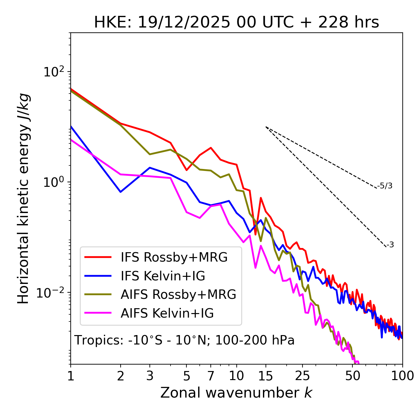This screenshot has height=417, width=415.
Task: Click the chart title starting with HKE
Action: [236, 23]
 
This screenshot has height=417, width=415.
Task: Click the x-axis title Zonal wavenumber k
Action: [236, 392]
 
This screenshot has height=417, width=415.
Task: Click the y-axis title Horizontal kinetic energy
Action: [23, 198]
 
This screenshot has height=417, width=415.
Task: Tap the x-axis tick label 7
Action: [211, 376]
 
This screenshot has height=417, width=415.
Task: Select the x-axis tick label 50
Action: [352, 376]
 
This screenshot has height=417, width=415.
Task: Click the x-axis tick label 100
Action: [402, 376]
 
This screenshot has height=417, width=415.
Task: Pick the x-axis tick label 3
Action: [149, 376]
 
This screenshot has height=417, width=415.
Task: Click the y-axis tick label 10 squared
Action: [53, 72]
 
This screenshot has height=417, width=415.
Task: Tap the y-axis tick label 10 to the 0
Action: [53, 182]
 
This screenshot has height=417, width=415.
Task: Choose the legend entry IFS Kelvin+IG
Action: [163, 276]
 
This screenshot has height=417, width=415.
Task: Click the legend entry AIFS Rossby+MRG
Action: [178, 294]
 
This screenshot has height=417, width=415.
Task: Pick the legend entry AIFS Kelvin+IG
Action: [167, 313]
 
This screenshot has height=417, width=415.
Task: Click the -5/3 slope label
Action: [385, 186]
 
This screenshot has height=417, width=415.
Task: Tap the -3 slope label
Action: [390, 245]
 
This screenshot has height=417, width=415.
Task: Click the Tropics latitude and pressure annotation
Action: [184, 340]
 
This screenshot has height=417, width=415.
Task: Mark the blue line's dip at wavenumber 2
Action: [121, 192]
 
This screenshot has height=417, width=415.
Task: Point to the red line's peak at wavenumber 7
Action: [211, 148]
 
